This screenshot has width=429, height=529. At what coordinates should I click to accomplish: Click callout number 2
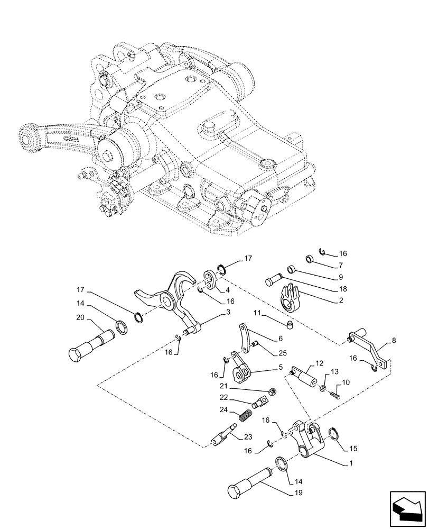[342, 300]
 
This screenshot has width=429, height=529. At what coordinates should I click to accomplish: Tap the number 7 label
[341, 264]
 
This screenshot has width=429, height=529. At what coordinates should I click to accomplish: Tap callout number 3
[228, 313]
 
